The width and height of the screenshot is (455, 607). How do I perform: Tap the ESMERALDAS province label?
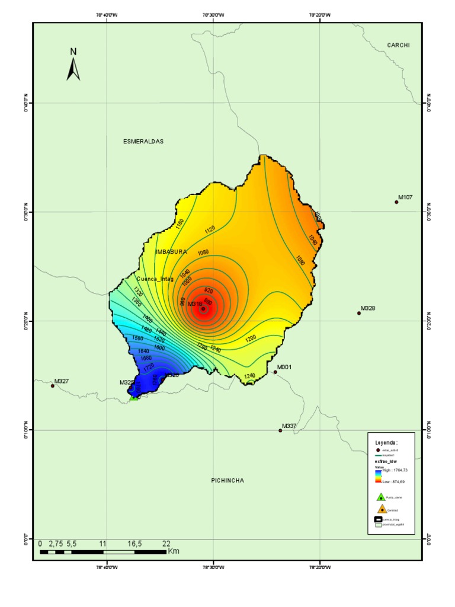pyautogui.click(x=143, y=142)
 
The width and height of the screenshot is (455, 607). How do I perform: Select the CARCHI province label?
pyautogui.click(x=399, y=45)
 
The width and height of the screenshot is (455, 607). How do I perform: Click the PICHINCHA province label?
pyautogui.click(x=227, y=480)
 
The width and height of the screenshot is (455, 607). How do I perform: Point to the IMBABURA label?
pyautogui.click(x=171, y=252)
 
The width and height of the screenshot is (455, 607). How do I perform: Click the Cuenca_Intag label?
pyautogui.click(x=155, y=279)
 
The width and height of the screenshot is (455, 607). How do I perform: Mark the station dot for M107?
pyautogui.click(x=396, y=202)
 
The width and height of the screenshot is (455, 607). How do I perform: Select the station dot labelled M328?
pyautogui.click(x=359, y=313)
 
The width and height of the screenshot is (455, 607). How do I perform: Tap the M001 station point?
pyautogui.click(x=275, y=372)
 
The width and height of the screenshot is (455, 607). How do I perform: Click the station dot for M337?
pyautogui.click(x=280, y=430)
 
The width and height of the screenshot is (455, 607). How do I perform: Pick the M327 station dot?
pyautogui.click(x=52, y=386)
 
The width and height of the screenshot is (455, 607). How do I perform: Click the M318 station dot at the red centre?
pyautogui.click(x=203, y=309)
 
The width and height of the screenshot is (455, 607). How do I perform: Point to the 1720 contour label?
pyautogui.click(x=149, y=367)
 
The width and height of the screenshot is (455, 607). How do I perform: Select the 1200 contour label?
pyautogui.click(x=251, y=338)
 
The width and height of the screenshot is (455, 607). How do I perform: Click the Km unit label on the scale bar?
pyautogui.click(x=174, y=551)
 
